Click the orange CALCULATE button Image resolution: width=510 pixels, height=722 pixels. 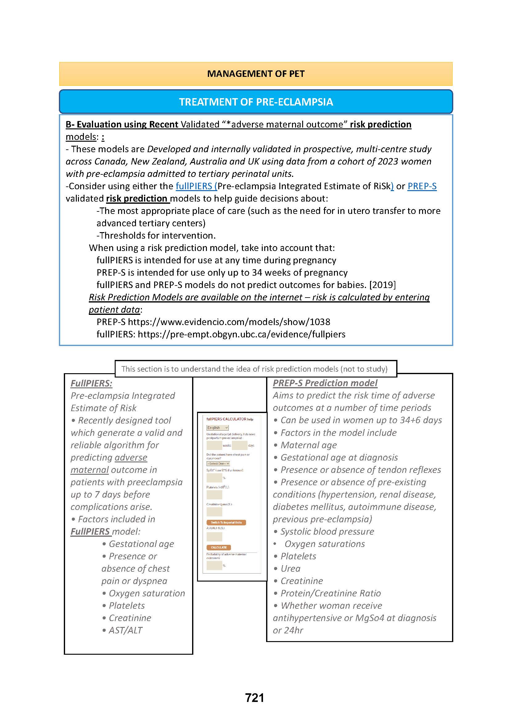[x=219, y=548]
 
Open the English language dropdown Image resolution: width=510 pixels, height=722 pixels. [x=217, y=428]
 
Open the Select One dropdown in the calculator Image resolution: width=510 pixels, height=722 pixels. [x=218, y=464]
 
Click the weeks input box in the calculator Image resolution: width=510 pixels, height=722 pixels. [x=214, y=445]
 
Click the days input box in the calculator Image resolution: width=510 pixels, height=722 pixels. [x=239, y=445]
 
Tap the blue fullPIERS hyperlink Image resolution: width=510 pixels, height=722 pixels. [x=195, y=186]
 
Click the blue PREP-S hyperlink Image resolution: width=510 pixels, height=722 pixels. [x=422, y=186]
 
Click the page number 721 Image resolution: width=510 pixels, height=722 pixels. [x=255, y=698]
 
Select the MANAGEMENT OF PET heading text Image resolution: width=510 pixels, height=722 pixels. [x=256, y=74]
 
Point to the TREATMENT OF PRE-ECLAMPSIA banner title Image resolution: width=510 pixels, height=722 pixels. [x=256, y=102]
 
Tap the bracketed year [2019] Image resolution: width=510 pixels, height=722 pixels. [x=382, y=285]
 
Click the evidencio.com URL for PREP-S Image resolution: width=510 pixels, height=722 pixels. [x=229, y=322]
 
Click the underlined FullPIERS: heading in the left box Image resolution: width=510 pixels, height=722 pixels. [x=91, y=383]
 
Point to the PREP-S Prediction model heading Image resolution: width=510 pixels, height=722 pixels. [x=325, y=383]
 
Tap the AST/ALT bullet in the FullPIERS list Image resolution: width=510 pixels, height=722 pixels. [x=125, y=630]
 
